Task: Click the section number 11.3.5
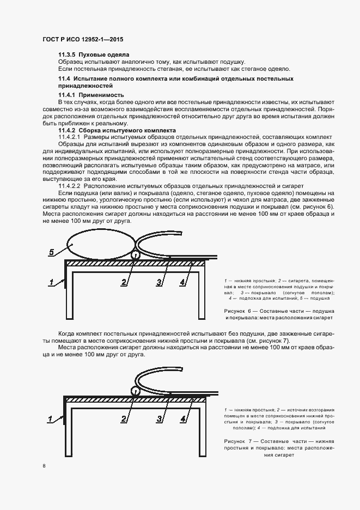pyautogui.click(x=67, y=55)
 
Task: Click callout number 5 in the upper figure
pyautogui.click(x=52, y=252)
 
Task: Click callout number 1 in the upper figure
pyautogui.click(x=51, y=282)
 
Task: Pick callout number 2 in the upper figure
pyautogui.click(x=124, y=282)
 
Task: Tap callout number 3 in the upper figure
pyautogui.click(x=159, y=282)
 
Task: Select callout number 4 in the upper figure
pyautogui.click(x=183, y=282)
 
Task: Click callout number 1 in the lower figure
pyautogui.click(x=51, y=419)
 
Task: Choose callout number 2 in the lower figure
pyautogui.click(x=124, y=419)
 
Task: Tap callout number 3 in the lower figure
pyautogui.click(x=159, y=419)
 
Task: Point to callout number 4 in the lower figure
pyautogui.click(x=183, y=419)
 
